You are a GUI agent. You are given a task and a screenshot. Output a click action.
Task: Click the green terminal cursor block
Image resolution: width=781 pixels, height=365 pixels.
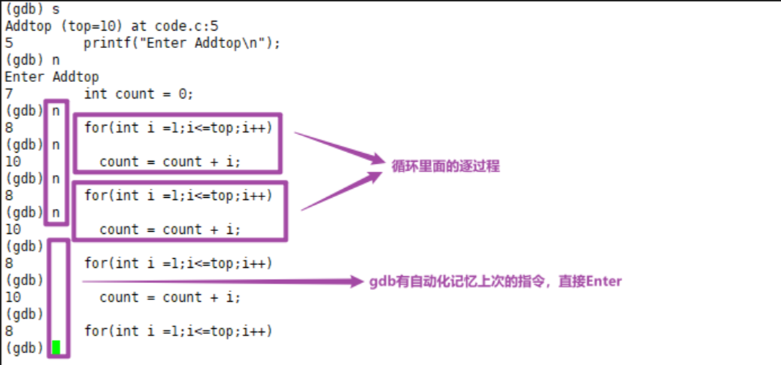click(x=56, y=348)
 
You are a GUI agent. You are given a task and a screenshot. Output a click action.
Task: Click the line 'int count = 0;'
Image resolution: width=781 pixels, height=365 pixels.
click(x=139, y=94)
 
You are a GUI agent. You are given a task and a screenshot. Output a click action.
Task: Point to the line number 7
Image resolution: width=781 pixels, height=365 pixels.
click(x=8, y=94)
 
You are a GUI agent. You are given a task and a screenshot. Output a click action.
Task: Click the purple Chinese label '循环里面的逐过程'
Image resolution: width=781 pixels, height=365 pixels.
click(x=445, y=166)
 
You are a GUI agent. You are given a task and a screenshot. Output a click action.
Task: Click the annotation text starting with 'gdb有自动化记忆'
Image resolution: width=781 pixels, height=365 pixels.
click(x=495, y=281)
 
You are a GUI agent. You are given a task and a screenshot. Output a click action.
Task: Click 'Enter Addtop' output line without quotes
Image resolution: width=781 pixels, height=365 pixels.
click(x=52, y=77)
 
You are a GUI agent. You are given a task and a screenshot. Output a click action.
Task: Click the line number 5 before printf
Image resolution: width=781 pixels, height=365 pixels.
click(x=8, y=43)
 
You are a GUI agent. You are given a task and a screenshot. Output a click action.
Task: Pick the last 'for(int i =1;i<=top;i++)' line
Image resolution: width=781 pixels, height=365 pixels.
click(x=178, y=331)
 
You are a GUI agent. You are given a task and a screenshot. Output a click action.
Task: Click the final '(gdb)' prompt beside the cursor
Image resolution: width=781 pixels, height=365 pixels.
click(x=25, y=348)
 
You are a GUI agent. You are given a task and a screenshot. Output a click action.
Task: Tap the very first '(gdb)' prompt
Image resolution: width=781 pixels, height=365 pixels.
click(x=25, y=9)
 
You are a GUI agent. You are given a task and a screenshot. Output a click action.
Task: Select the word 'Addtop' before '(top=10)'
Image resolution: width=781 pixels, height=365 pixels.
click(x=28, y=26)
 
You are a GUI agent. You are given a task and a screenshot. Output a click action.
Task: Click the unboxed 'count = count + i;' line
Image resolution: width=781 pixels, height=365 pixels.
click(x=171, y=297)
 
